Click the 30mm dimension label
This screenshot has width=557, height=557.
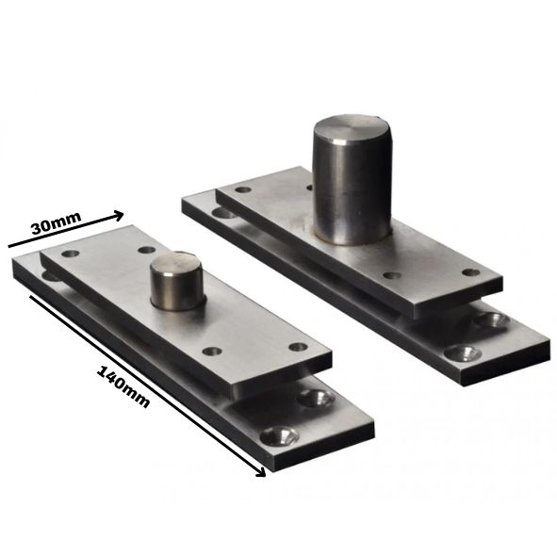[x=57, y=222]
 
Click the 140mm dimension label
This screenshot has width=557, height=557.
[x=123, y=386]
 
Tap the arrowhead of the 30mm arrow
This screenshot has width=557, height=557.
[x=119, y=216]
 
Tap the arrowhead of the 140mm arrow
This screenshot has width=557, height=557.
[x=261, y=472]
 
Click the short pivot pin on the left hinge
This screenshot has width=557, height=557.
[x=177, y=281]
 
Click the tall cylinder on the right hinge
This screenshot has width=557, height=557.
[x=352, y=179]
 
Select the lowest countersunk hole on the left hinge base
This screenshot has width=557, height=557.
[x=279, y=435]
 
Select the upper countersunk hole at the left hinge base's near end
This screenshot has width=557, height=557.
[x=316, y=398]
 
